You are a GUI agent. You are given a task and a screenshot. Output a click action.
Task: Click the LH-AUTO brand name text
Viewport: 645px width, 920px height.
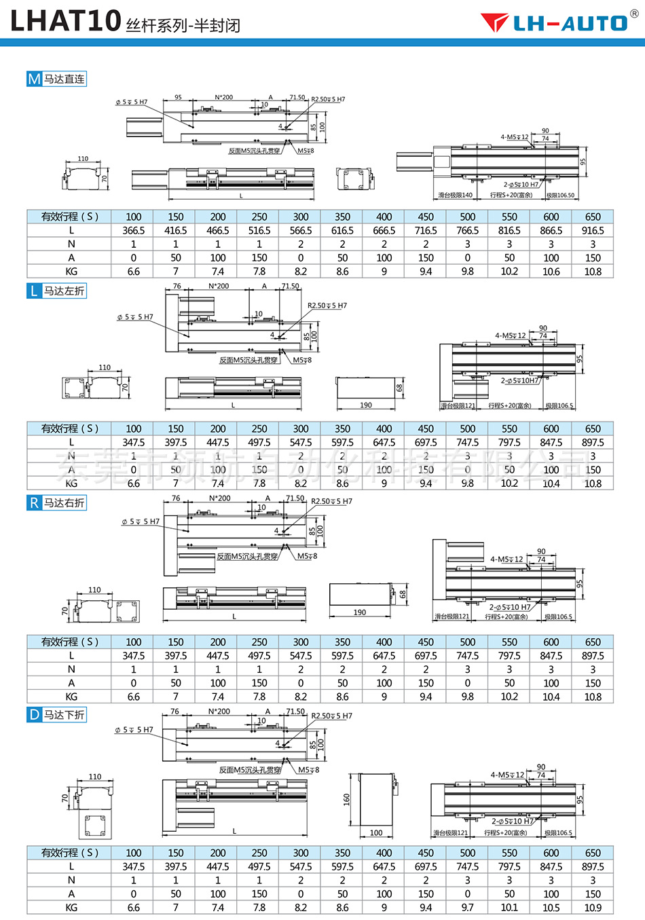coord(570,23)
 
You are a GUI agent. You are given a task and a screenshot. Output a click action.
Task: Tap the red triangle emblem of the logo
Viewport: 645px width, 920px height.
coord(494,22)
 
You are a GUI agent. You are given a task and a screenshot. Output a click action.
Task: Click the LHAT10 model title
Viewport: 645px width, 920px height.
coord(66,20)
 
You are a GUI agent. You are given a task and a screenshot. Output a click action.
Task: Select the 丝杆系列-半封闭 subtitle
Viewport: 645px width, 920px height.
coord(183,26)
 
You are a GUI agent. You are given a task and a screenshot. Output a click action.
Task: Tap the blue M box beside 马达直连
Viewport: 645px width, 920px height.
coord(35,79)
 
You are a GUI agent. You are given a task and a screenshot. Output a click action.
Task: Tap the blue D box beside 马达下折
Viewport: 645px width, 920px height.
coord(35,714)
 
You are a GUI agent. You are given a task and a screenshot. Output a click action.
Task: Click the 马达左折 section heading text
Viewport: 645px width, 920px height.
coord(64,291)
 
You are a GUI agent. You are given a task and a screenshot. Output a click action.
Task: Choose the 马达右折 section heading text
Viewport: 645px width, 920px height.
coord(64,502)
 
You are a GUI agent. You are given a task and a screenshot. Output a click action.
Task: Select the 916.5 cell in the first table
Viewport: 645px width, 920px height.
coord(593,230)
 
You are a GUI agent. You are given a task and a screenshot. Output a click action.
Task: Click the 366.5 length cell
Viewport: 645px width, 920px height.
coord(134,230)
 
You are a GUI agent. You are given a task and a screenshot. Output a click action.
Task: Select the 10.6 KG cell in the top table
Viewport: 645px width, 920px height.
coord(551,271)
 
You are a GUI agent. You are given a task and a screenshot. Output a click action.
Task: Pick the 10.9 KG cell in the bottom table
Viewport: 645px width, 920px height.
coord(593,907)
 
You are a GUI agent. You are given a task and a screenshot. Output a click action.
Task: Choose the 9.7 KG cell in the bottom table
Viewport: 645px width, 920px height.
coord(467,907)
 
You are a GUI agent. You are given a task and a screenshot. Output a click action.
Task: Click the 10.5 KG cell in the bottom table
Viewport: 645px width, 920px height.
coord(551,907)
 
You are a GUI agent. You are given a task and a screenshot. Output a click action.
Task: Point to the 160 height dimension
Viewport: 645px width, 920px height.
coord(347,800)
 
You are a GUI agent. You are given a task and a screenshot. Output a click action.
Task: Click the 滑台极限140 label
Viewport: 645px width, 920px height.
coord(455,196)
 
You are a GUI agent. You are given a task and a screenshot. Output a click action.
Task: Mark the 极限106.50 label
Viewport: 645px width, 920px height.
coord(560,196)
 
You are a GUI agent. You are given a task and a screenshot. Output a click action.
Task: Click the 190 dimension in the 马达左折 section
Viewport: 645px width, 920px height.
coord(366,405)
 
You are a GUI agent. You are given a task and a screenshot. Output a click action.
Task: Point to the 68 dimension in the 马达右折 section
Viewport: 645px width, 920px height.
coord(403,594)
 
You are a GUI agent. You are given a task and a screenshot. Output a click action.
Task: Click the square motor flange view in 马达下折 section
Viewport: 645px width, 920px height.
coord(94,826)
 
